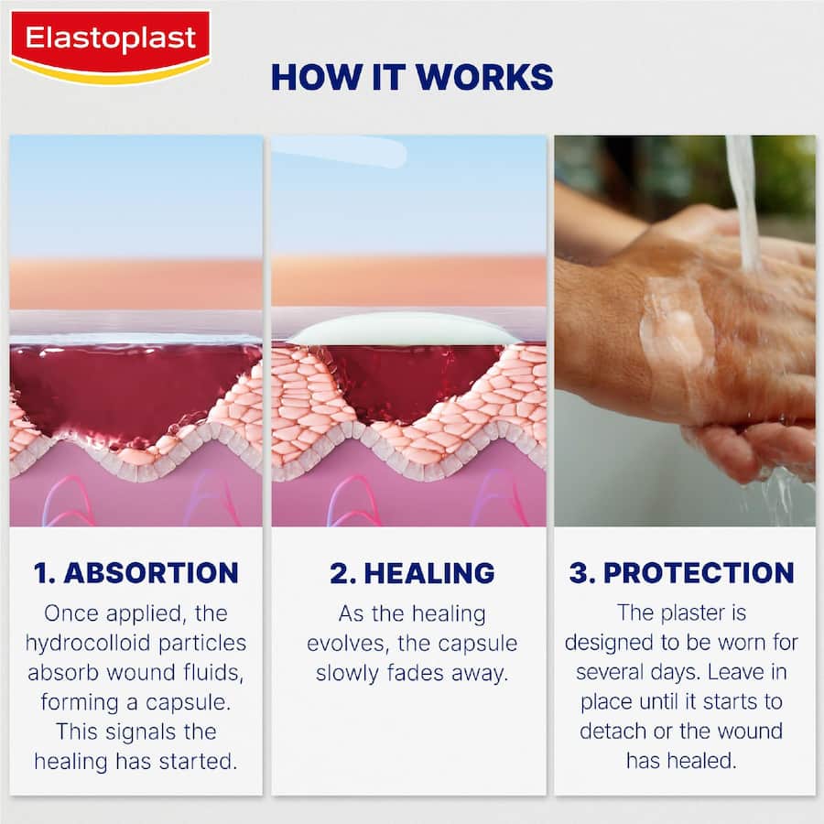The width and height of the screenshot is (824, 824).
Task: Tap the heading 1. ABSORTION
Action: [136, 573]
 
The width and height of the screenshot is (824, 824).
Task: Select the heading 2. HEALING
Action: [412, 573]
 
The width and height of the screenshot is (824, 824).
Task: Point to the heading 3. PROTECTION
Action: [682, 573]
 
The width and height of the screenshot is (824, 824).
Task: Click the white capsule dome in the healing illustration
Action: [403, 329]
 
